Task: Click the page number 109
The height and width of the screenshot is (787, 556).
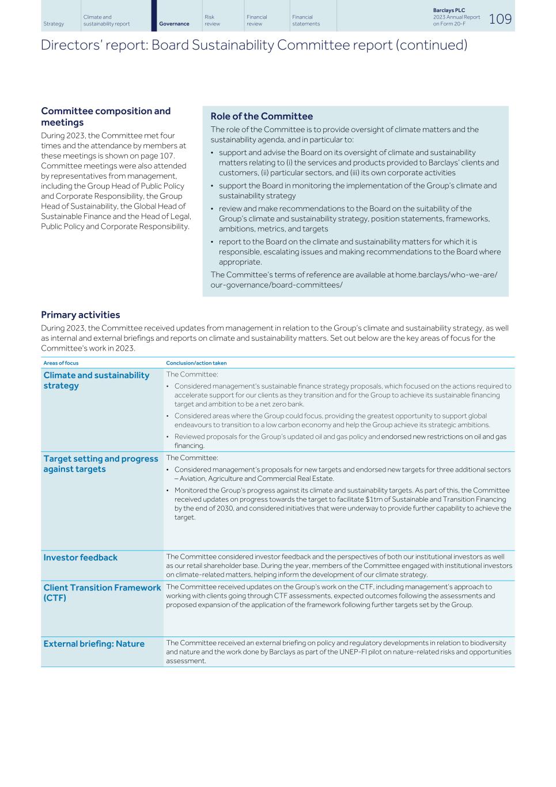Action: pos(500,19)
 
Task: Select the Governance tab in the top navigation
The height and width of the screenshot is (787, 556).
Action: pos(174,24)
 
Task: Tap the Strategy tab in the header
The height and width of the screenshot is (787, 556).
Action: pos(54,24)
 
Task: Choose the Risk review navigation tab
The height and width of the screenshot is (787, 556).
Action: pos(212,20)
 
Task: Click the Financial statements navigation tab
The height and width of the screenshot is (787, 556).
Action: pos(306,20)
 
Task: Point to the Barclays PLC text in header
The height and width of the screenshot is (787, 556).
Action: pos(449,10)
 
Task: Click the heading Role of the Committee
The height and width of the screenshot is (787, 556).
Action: pos(262,116)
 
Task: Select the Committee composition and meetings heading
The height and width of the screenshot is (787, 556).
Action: pos(105,116)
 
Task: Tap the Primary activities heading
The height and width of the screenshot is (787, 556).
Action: pos(80,315)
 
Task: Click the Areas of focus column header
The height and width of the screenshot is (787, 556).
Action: pos(61,363)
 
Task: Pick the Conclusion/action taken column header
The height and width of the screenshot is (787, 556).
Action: pos(196,363)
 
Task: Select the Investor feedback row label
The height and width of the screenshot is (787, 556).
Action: pos(80,558)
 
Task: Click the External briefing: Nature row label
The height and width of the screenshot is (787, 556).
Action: pos(94,644)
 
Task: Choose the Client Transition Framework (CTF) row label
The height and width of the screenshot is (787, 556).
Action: pos(101,593)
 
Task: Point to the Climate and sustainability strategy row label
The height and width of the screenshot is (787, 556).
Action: pos(96,381)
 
